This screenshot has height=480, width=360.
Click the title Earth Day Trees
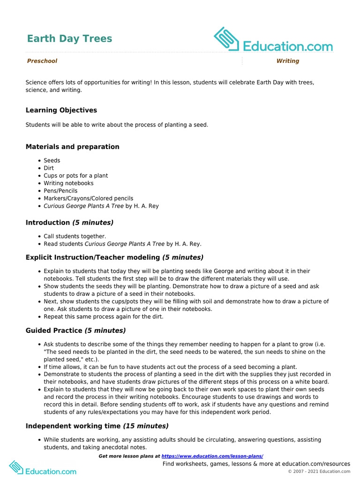point(69,38)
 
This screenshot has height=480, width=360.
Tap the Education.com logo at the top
point(273,40)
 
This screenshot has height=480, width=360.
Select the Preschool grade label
point(42,61)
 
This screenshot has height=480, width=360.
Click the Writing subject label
point(287,61)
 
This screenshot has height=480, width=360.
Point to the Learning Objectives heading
point(61,110)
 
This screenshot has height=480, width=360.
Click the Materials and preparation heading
point(72,147)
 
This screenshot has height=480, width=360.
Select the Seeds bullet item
point(52,160)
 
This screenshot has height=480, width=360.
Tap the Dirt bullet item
point(49,168)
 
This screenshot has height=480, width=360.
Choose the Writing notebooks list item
point(68,183)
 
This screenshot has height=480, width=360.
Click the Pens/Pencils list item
point(60,191)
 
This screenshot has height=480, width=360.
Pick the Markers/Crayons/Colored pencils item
point(88,198)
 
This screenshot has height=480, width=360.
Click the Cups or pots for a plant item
point(75,176)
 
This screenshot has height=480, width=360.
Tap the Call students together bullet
point(75,236)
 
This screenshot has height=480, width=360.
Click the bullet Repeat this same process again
point(103,316)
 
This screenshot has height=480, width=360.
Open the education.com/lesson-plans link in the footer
point(212,456)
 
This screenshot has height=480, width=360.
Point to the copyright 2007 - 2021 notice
point(319,471)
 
